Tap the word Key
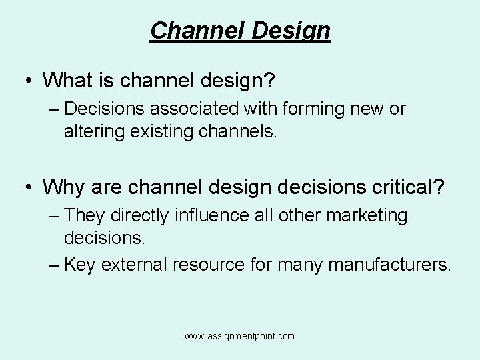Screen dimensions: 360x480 coord(81,265)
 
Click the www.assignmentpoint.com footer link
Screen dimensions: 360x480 coord(239,337)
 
